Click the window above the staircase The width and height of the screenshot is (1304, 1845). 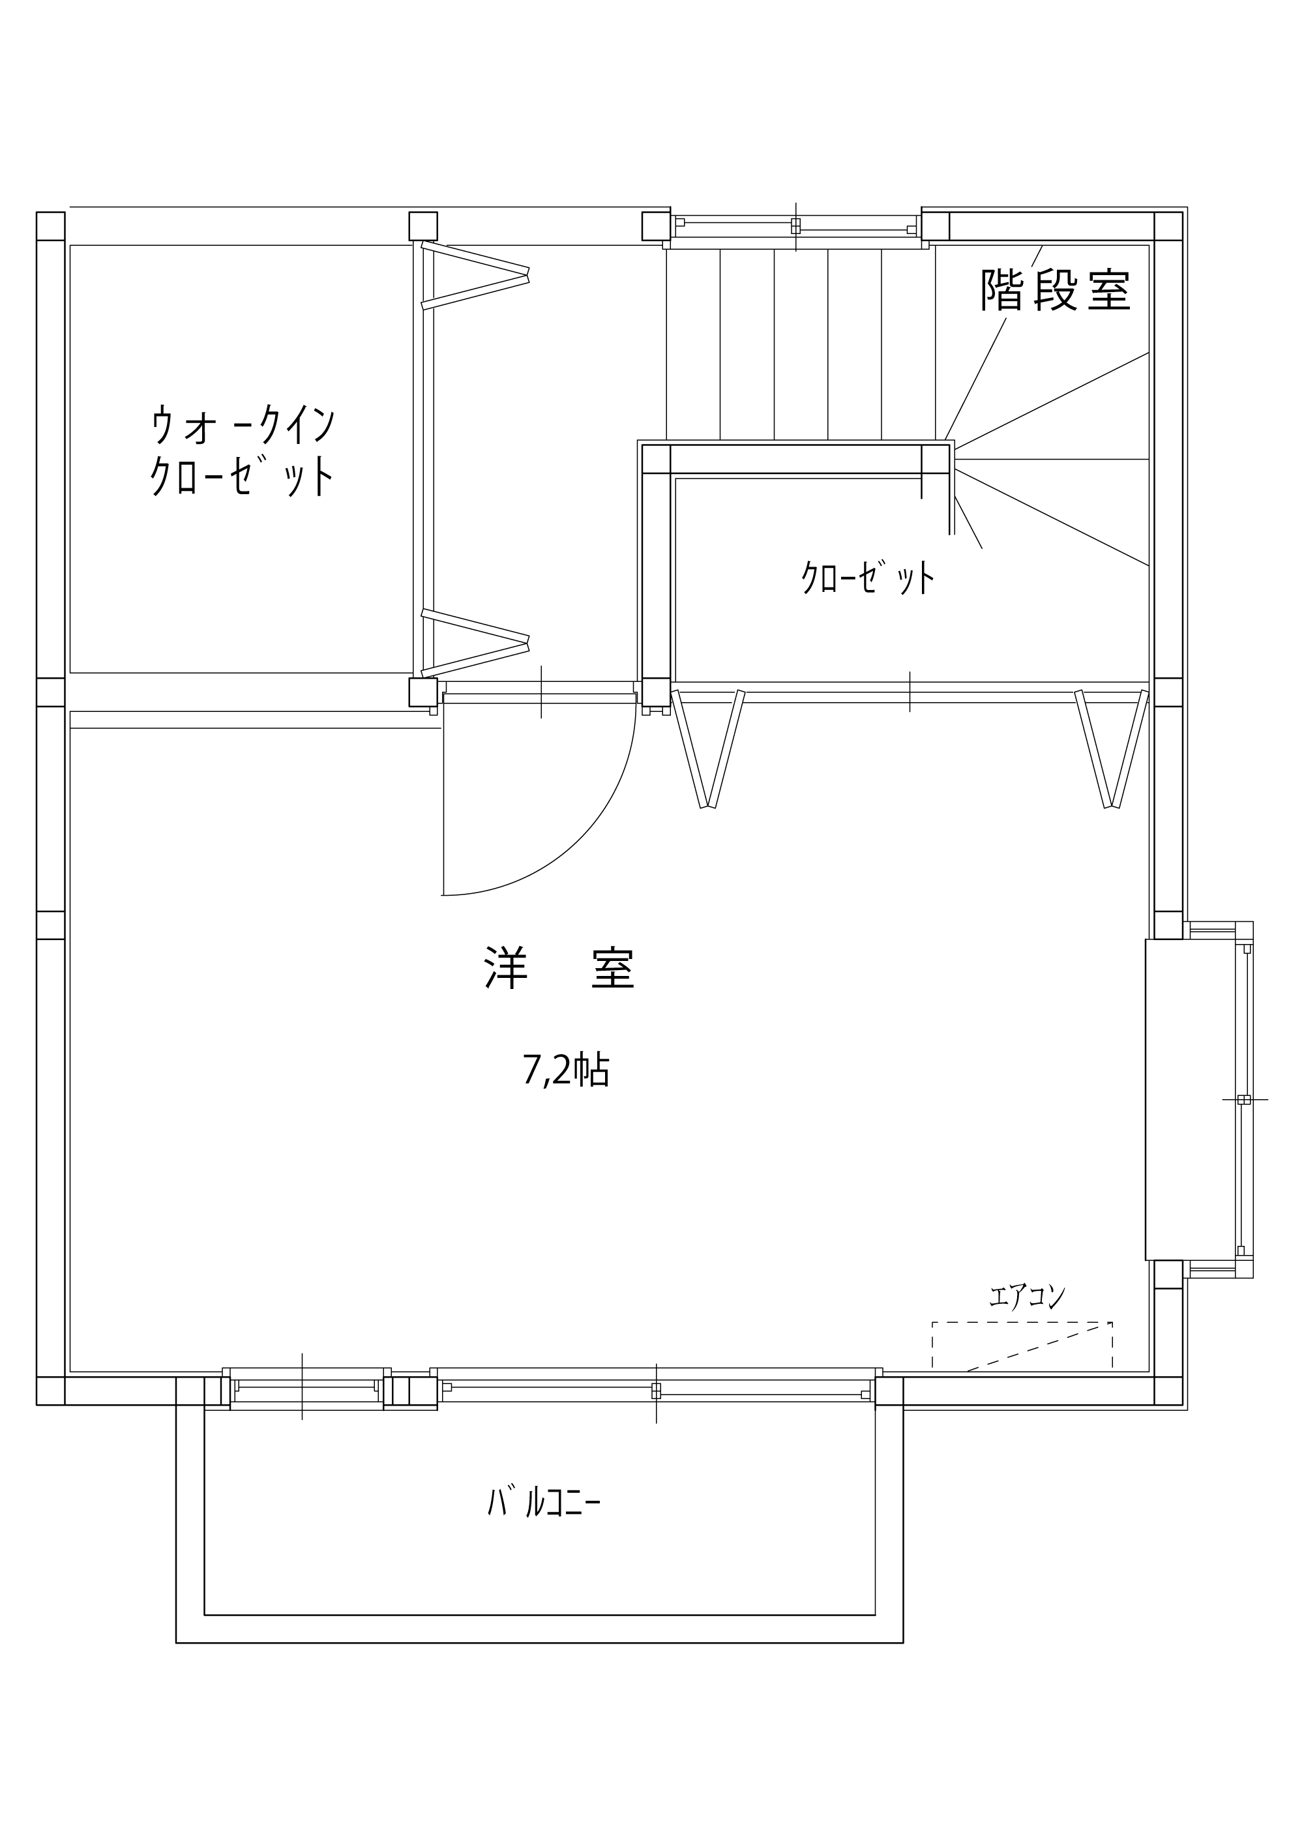[x=795, y=227]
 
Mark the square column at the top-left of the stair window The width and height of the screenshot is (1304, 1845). [x=656, y=226]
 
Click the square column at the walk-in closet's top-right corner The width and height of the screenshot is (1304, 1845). [x=423, y=226]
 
